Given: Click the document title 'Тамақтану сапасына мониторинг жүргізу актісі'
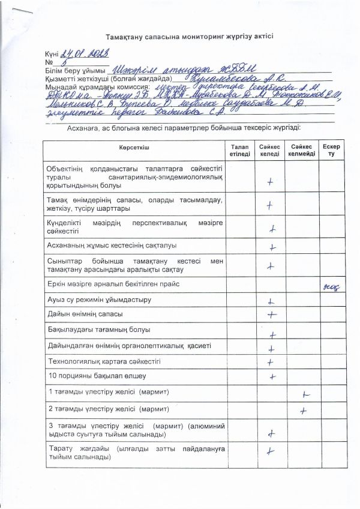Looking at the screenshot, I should point(189,36).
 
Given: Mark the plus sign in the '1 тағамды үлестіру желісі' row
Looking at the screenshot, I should point(305,394).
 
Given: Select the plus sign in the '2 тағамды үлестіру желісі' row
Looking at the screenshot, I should point(304,411).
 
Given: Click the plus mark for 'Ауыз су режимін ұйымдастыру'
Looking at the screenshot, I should point(271,301).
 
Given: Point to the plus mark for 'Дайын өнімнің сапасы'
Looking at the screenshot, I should point(271,313).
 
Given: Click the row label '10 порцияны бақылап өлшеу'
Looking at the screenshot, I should point(89,376).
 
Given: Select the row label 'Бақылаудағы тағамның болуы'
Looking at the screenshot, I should point(99,330).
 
